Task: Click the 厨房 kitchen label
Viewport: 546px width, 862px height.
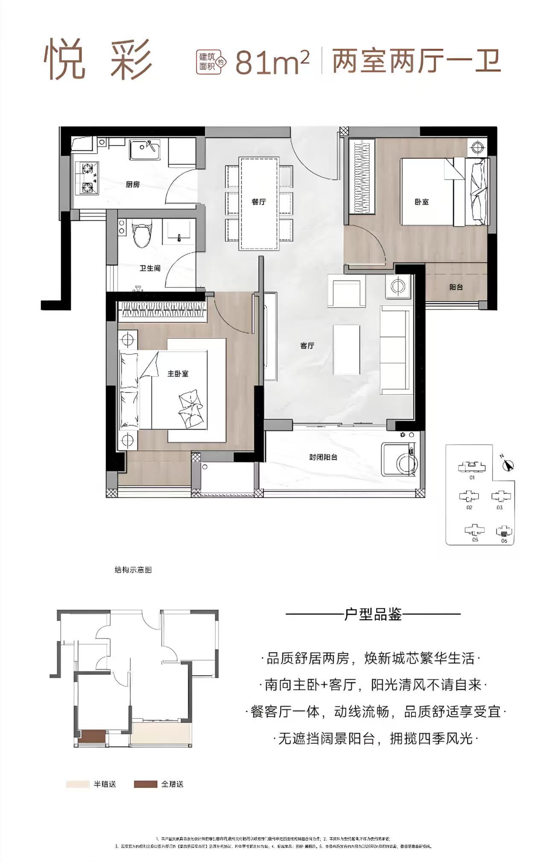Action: pos(133,185)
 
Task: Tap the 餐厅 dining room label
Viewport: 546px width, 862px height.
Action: pos(259,202)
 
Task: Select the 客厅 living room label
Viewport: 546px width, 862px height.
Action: pos(307,346)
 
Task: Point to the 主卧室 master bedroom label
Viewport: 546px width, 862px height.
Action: pos(178,374)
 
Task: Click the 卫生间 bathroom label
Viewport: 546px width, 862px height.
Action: pos(149,268)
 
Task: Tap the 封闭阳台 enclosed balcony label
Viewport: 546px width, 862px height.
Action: pos(323,457)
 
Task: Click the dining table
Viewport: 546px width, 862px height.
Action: pos(259,203)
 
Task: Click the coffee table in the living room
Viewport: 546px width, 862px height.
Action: pos(346,349)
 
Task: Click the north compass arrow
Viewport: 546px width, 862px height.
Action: pos(508,465)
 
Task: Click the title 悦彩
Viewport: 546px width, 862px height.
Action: pos(98,60)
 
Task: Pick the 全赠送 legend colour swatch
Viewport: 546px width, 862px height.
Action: pos(145,784)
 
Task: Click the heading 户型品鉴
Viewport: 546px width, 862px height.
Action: pos(373,614)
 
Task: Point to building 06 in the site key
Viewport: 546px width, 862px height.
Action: pos(504,532)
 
